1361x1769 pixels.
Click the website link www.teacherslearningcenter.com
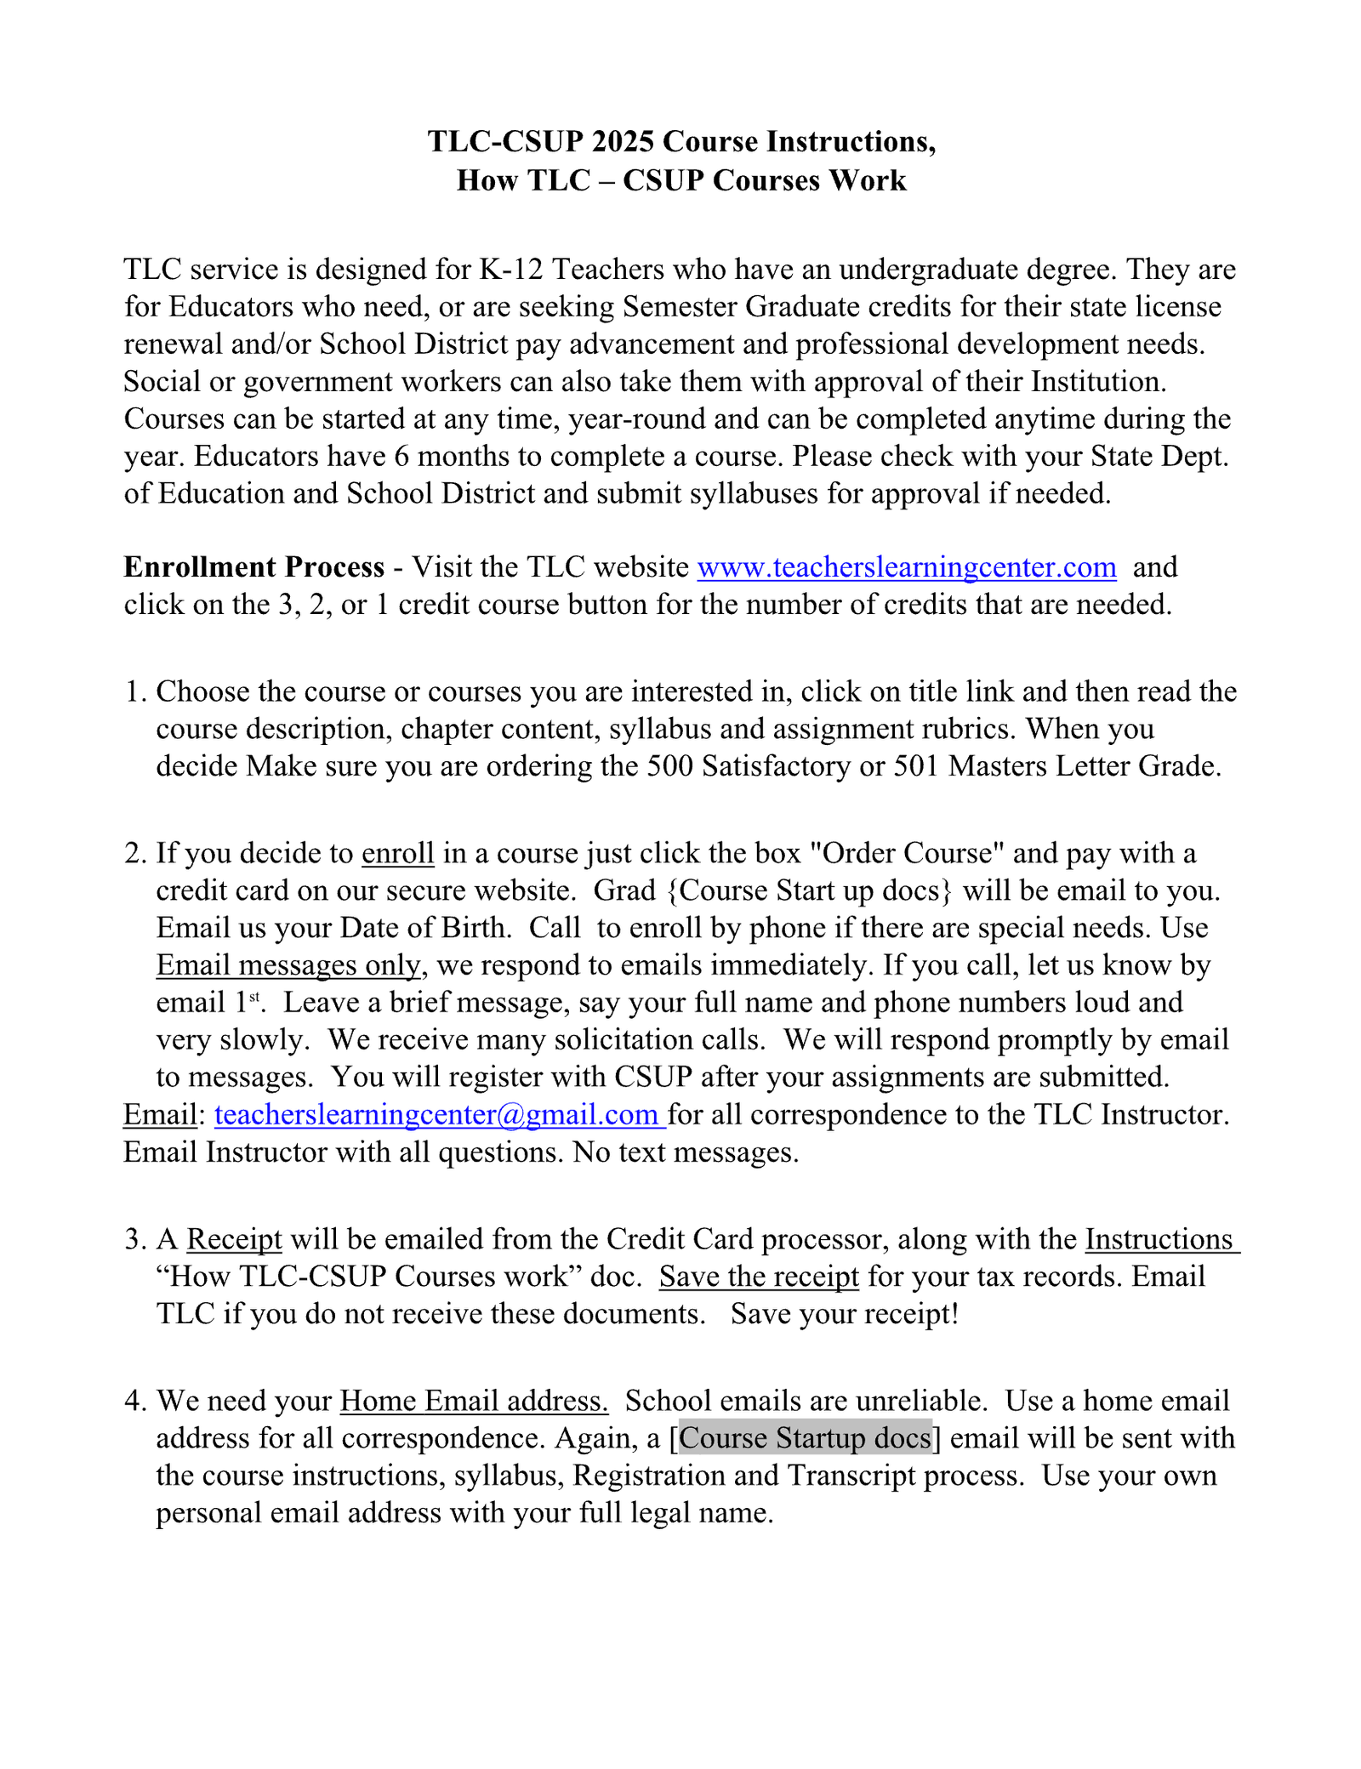[907, 567]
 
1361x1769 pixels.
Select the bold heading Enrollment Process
[253, 567]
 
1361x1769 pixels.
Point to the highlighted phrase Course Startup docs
[806, 1438]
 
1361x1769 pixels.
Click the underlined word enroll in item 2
[398, 853]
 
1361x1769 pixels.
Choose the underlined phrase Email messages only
[288, 965]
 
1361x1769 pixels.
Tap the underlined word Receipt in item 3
[234, 1239]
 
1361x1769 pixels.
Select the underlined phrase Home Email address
[474, 1401]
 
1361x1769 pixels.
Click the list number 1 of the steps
[134, 691]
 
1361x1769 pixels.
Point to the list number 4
[134, 1401]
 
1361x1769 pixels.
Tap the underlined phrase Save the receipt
[759, 1277]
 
